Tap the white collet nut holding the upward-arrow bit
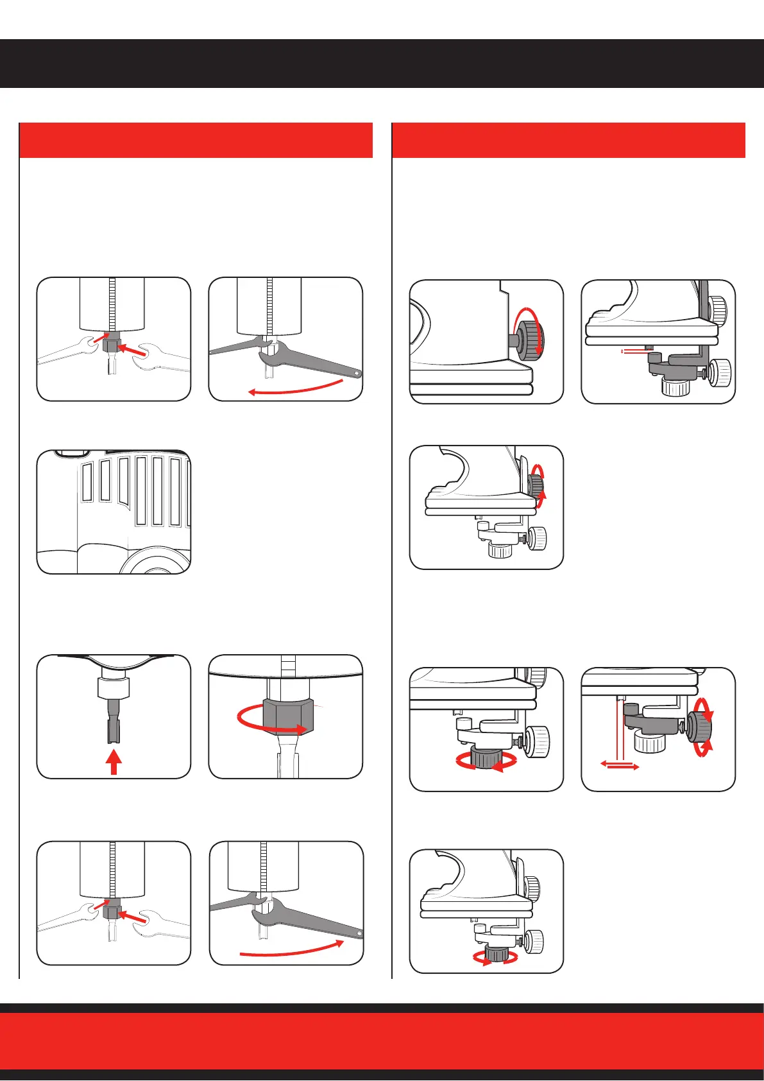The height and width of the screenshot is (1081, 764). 114,688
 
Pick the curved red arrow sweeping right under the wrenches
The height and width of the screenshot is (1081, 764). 292,950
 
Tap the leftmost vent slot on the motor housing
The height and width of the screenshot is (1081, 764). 87,481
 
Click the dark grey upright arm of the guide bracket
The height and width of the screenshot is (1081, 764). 704,308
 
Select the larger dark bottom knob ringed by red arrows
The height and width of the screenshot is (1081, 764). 486,758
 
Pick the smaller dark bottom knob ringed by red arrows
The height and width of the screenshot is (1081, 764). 495,953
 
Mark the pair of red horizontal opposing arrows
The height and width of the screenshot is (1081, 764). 620,766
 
